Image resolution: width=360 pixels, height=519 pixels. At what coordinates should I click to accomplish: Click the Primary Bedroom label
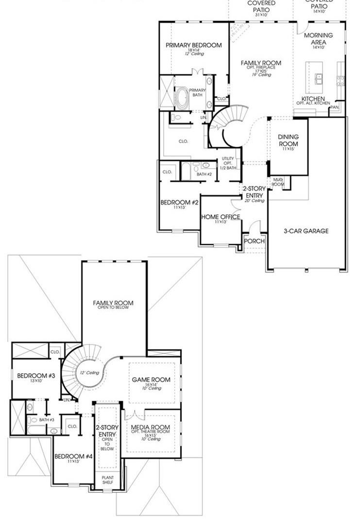pos(193,45)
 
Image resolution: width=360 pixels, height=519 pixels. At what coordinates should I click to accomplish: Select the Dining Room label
pos(288,140)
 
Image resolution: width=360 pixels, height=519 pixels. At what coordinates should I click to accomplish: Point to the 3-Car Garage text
pos(306,231)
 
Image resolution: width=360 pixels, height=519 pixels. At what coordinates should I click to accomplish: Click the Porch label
pos(254,241)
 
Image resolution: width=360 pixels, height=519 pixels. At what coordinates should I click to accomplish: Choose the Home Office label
pos(221,217)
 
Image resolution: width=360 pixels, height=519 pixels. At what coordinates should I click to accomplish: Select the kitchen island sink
pos(319,78)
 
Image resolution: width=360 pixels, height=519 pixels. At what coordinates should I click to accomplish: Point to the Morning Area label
pos(318,39)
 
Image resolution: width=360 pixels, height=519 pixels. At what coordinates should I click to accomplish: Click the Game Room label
pos(151,380)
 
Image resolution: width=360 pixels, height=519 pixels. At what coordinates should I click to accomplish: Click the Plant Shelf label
pos(107,480)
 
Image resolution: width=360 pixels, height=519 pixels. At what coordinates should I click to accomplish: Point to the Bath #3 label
pos(46,419)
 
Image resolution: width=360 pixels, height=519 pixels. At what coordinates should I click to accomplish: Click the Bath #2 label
pos(204,173)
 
